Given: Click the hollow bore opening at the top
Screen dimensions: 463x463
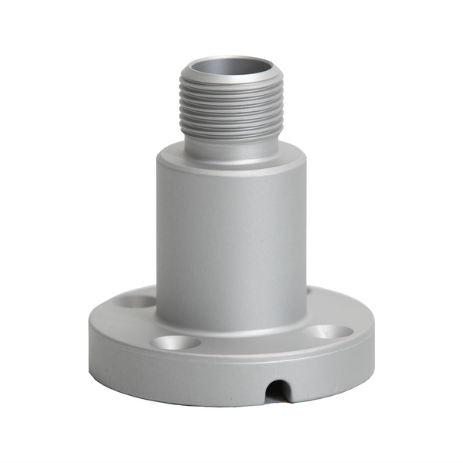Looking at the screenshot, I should pos(231,68).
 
